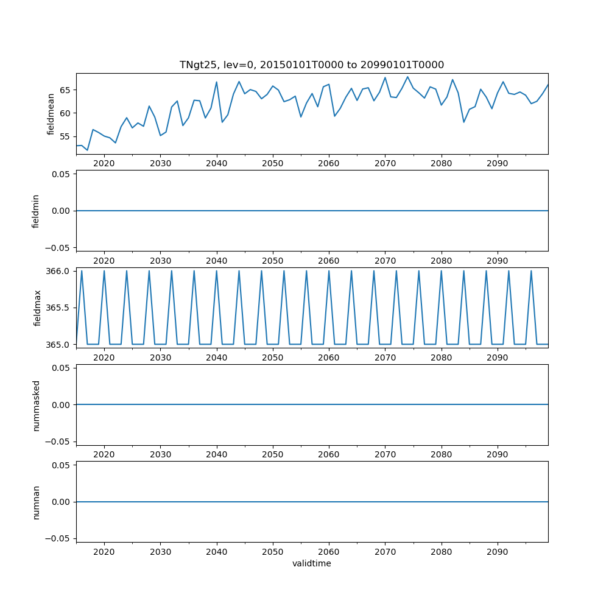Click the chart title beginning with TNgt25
(311, 65)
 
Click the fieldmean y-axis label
(51, 114)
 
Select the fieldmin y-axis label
(36, 211)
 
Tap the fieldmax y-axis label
(37, 308)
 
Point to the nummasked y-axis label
(36, 405)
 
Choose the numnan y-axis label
(36, 502)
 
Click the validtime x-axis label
(311, 563)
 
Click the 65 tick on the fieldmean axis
(65, 90)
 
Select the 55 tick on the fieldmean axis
(65, 136)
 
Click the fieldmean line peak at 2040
(216, 82)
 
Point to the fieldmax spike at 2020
(104, 271)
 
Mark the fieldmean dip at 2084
(463, 122)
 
